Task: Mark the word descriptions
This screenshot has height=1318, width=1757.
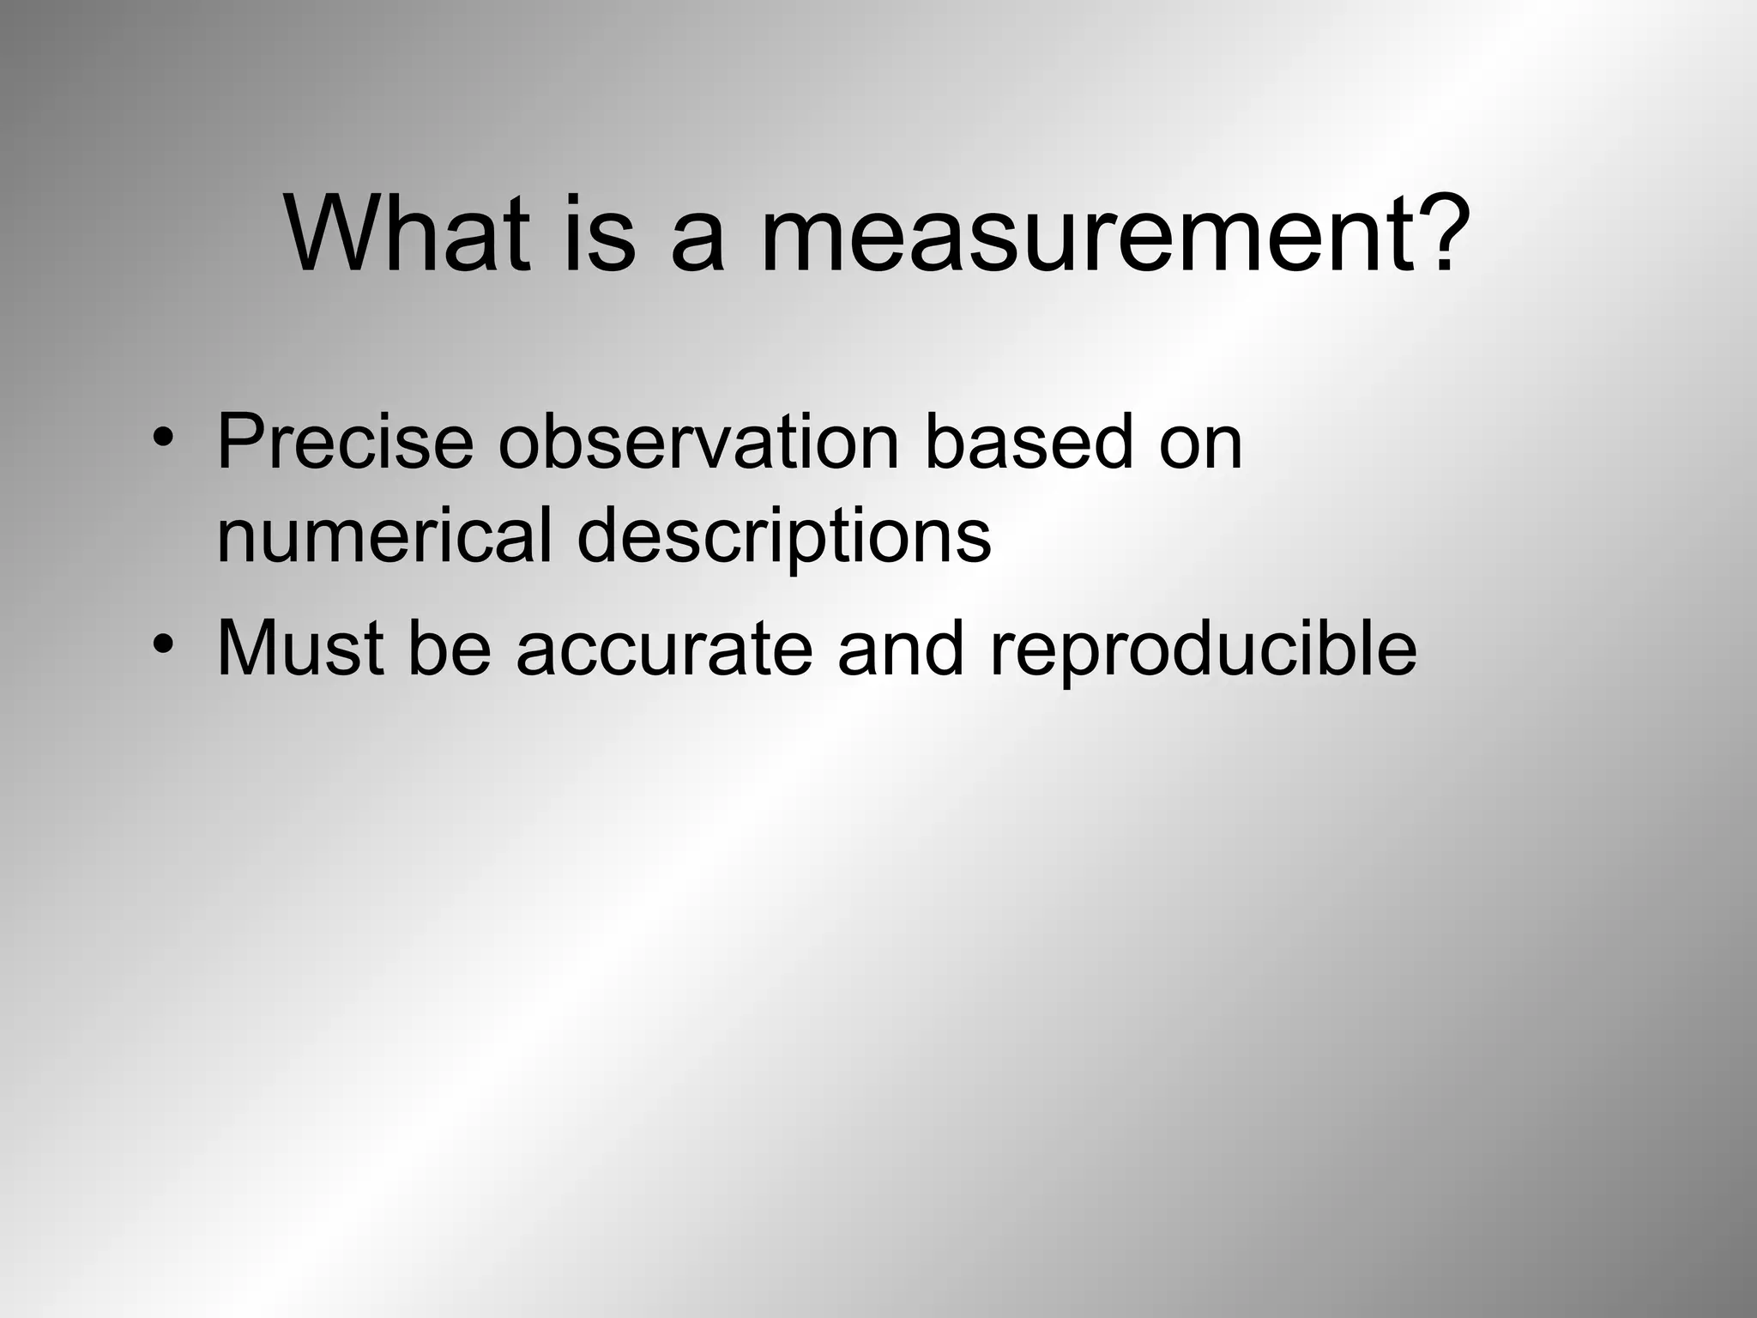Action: click(784, 537)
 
